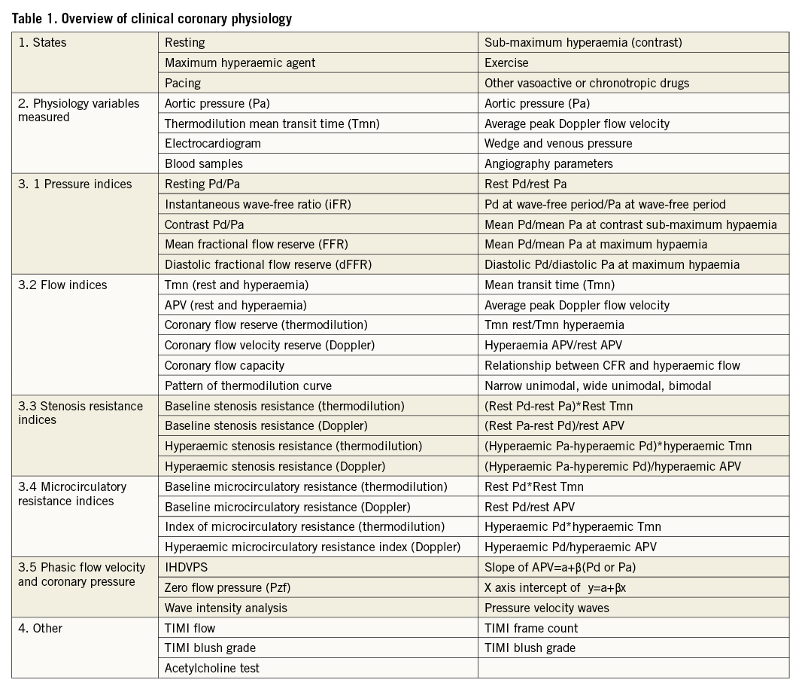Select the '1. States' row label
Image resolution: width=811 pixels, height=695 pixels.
pyautogui.click(x=42, y=43)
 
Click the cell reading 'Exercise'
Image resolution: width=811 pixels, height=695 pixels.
pyautogui.click(x=506, y=63)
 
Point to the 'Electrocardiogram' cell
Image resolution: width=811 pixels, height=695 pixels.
pyautogui.click(x=213, y=143)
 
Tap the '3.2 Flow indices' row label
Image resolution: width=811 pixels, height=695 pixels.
pyautogui.click(x=62, y=285)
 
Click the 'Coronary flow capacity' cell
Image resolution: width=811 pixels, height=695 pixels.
pyautogui.click(x=224, y=365)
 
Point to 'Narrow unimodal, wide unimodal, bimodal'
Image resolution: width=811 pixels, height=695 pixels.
pyautogui.click(x=597, y=386)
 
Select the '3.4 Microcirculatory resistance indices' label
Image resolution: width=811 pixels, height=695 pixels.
pyautogui.click(x=72, y=494)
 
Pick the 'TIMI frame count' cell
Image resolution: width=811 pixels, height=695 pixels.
pyautogui.click(x=531, y=628)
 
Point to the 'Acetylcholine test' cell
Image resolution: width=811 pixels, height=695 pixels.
pyautogui.click(x=212, y=668)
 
